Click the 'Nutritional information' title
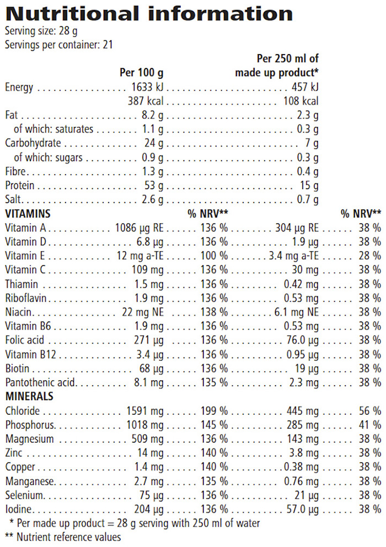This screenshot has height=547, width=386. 149,13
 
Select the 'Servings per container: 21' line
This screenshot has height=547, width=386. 58,45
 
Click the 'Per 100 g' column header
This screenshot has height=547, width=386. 141,73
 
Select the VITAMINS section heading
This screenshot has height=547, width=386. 28,213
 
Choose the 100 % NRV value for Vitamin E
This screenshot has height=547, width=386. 215,256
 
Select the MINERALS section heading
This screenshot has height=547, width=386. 29,397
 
